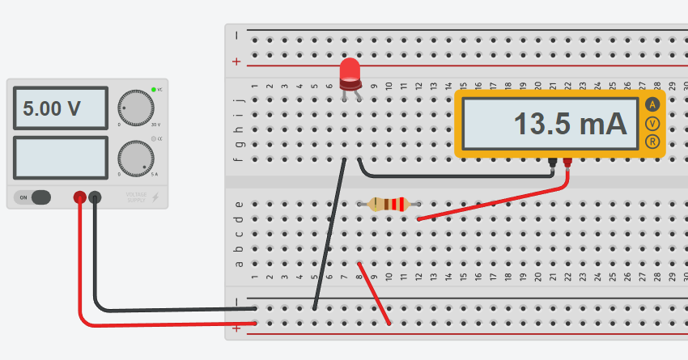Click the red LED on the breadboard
tap(350, 73)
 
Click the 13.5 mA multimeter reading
tap(571, 124)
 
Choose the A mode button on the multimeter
tap(652, 104)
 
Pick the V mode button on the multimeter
tap(652, 124)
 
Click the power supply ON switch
tap(34, 197)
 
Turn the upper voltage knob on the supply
tap(135, 107)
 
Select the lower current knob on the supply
tap(135, 159)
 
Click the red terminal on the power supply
tap(80, 197)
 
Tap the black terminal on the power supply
tap(95, 197)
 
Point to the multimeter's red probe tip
tap(567, 164)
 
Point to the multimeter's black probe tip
tap(553, 164)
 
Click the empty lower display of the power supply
tap(59, 158)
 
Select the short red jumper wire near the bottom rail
tap(375, 294)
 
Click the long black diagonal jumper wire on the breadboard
tap(329, 235)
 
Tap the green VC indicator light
tap(153, 89)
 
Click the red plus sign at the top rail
tap(236, 61)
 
